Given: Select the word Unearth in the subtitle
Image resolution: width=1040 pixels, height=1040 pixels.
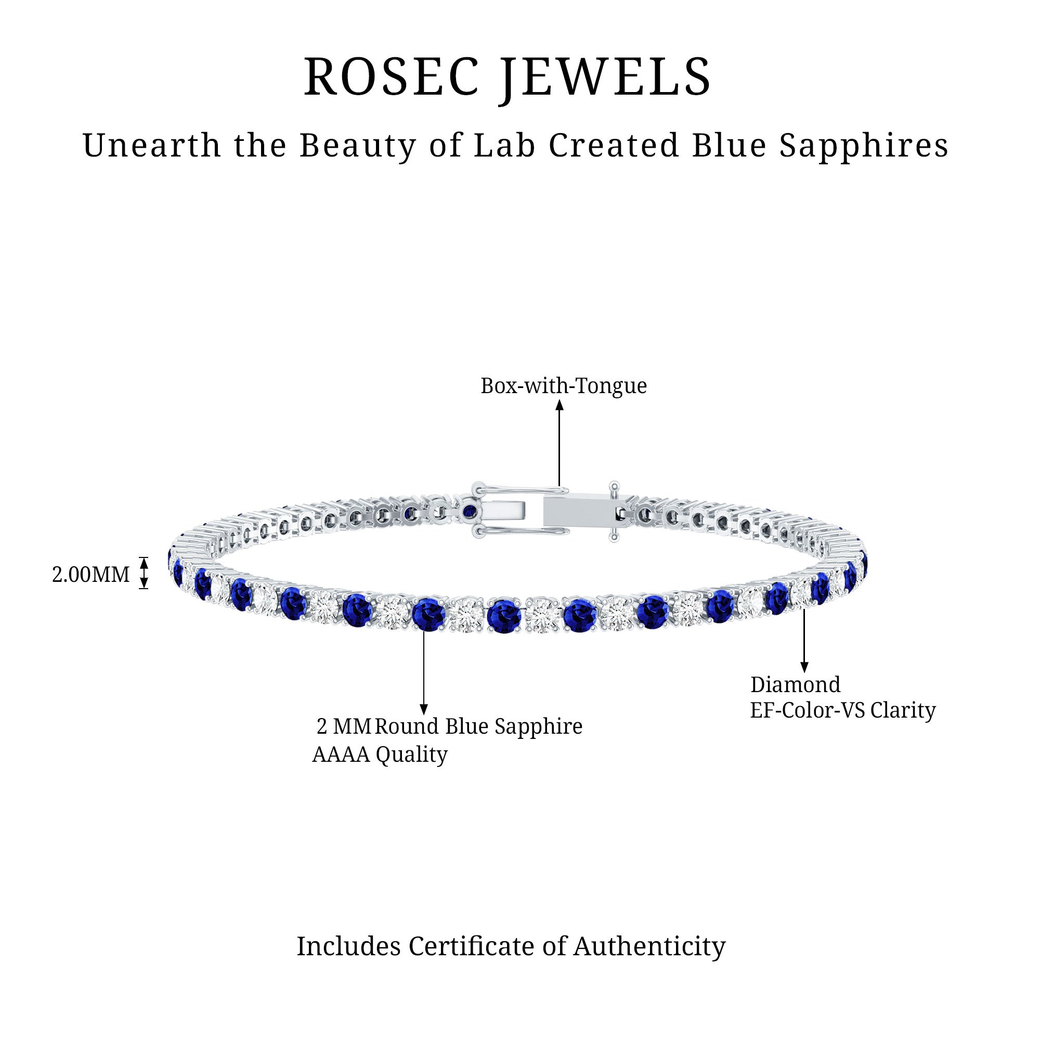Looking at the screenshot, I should (152, 146).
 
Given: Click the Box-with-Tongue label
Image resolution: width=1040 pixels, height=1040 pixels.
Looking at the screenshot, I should (563, 386).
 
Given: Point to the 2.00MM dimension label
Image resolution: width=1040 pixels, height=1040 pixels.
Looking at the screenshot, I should (90, 575).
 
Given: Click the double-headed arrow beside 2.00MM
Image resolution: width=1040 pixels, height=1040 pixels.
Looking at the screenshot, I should (144, 573).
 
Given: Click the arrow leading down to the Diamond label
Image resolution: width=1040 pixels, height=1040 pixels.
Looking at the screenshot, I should (804, 640).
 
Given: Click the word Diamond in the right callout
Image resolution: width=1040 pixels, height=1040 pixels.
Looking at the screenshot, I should (795, 685).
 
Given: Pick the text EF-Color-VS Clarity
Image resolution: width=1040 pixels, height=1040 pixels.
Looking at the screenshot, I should (843, 710).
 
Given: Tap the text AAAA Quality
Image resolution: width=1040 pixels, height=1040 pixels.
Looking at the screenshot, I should (380, 754).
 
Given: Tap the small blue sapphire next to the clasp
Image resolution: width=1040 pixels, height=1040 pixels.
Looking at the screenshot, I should (470, 511).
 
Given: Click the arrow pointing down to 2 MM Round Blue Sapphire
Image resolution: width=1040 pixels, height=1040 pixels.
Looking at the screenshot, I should (424, 673).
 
